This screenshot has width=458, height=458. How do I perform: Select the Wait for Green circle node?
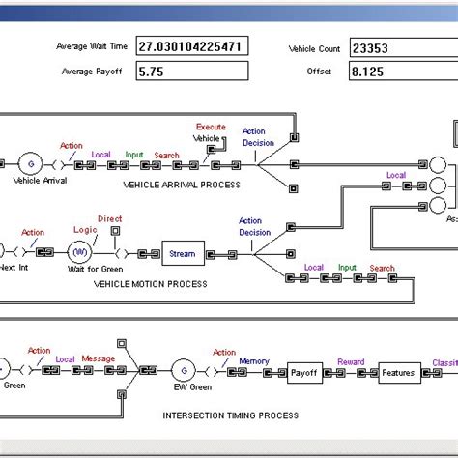[81, 253]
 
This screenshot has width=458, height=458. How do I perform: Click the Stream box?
[182, 254]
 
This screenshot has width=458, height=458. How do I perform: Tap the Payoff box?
[305, 372]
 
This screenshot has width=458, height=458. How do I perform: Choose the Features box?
[397, 372]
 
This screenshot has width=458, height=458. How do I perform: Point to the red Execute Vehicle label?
[210, 132]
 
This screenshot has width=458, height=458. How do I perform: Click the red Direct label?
[110, 219]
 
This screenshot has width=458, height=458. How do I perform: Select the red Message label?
[98, 358]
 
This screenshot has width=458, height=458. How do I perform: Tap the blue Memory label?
[255, 360]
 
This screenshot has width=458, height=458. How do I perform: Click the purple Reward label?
[351, 362]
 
